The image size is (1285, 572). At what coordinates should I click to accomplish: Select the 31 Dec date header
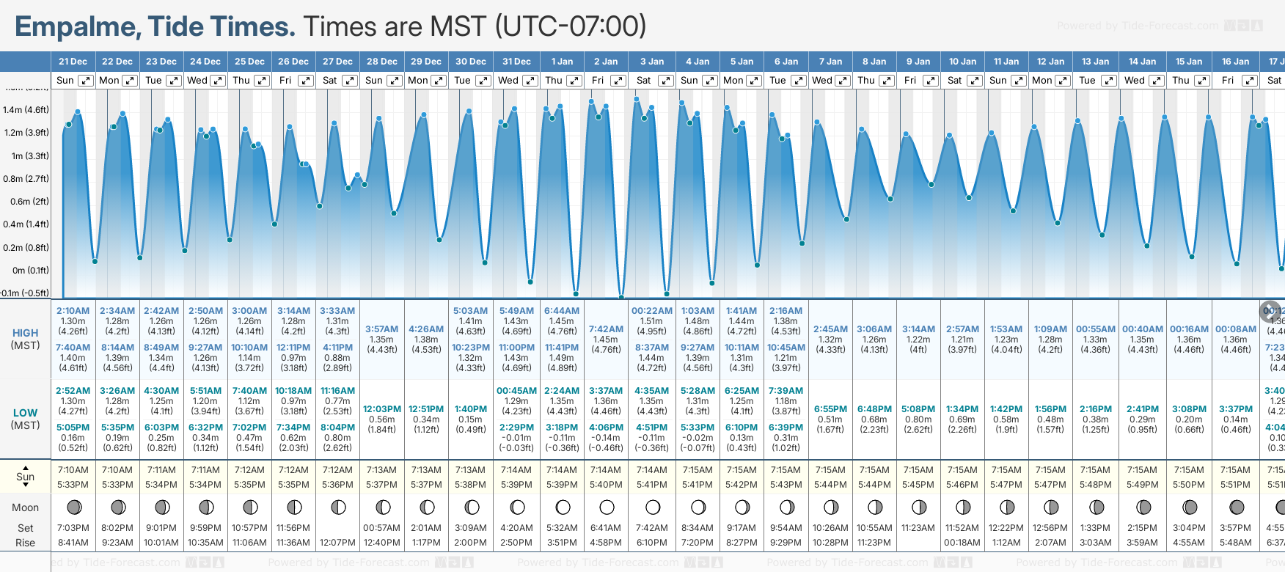516,62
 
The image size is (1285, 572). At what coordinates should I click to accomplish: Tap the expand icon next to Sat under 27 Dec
350,81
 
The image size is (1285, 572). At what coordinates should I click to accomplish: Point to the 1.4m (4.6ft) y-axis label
26,110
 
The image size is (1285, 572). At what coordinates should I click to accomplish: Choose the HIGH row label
26,333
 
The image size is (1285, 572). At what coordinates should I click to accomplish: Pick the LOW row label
26,413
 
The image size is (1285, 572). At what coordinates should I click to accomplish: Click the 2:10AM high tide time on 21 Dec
73,311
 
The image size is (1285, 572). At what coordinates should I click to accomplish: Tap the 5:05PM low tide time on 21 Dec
73,428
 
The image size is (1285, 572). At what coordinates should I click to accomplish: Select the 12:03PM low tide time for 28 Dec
382,409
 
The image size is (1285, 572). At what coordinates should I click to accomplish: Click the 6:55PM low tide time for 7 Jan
830,409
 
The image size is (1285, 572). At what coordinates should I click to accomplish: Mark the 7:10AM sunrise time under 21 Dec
73,470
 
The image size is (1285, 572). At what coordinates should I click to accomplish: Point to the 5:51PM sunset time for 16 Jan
1235,485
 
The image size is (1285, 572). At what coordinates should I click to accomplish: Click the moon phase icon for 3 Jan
652,507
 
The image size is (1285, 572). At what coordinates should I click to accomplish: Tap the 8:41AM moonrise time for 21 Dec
73,543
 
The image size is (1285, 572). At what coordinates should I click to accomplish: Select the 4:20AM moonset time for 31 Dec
516,528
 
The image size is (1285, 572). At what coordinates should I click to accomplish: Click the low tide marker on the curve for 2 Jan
621,297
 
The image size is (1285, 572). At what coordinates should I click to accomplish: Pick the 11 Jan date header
1006,62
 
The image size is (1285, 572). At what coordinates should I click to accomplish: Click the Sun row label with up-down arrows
26,476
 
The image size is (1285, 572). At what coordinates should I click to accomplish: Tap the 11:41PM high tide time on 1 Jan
562,348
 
